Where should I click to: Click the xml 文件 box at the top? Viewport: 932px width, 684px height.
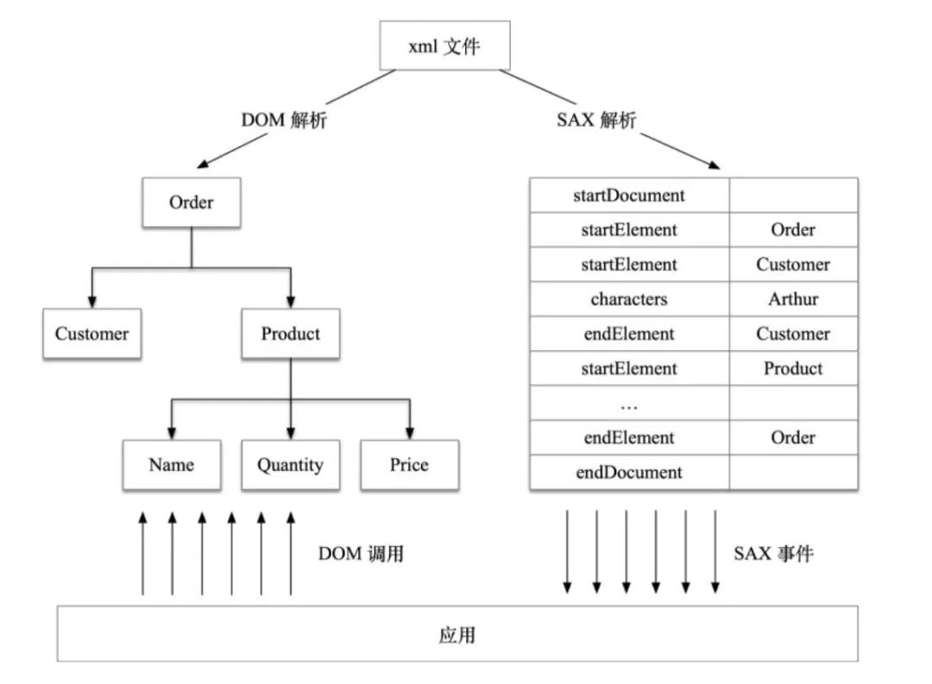tap(444, 46)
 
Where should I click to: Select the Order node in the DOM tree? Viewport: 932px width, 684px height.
tap(191, 203)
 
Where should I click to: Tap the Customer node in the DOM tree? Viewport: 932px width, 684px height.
tap(91, 334)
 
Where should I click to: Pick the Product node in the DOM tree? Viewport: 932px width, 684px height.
tap(291, 334)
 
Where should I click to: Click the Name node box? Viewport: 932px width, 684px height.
tap(171, 465)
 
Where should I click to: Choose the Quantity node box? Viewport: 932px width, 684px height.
tap(290, 465)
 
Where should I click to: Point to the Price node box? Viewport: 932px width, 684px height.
tap(409, 465)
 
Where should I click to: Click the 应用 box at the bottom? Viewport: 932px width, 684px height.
tap(457, 635)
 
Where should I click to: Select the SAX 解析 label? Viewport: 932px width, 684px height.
tap(596, 121)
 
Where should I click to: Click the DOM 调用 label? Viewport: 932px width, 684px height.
tap(361, 554)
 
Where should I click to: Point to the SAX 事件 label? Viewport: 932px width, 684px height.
tap(773, 554)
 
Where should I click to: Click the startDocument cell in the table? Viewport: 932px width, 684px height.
tap(628, 195)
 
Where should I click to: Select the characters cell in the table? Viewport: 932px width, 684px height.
tap(628, 299)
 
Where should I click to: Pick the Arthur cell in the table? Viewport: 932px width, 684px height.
tap(793, 299)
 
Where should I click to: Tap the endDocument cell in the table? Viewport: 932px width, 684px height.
tap(628, 473)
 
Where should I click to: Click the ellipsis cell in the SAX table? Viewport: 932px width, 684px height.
tap(628, 404)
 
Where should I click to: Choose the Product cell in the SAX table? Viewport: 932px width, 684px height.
tap(793, 368)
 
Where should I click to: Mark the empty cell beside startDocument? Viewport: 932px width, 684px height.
tap(793, 195)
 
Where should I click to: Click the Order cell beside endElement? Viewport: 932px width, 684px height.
tap(793, 437)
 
